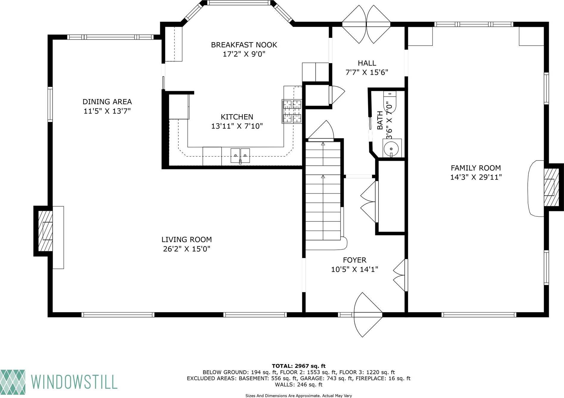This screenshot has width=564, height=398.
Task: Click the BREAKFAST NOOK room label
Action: pyautogui.click(x=244, y=45)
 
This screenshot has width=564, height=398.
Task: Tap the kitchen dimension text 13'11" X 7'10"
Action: pyautogui.click(x=237, y=126)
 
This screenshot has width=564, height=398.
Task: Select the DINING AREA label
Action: pyautogui.click(x=107, y=102)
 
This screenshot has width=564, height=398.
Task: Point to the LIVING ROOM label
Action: pyautogui.click(x=186, y=240)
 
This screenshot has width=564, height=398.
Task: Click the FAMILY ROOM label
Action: pyautogui.click(x=476, y=168)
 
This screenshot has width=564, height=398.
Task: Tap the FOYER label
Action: pyautogui.click(x=354, y=260)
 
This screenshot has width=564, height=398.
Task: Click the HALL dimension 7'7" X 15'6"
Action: pyautogui.click(x=367, y=72)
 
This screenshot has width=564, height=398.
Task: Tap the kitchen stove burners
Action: pyautogui.click(x=292, y=112)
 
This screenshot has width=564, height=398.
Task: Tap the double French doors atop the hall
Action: pyautogui.click(x=366, y=24)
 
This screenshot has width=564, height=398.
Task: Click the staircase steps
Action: pyautogui.click(x=323, y=191)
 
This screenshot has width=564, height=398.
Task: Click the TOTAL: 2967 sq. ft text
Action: pyautogui.click(x=298, y=366)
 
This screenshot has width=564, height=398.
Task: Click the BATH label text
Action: pyautogui.click(x=380, y=120)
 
